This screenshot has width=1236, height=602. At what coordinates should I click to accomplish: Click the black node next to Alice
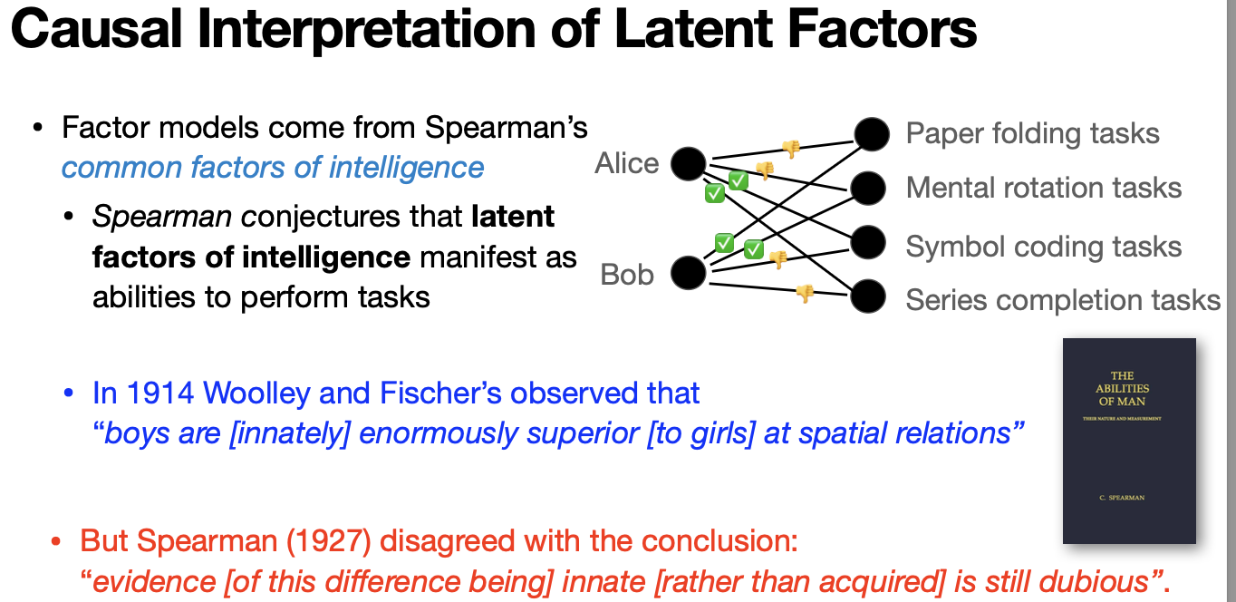tap(688, 164)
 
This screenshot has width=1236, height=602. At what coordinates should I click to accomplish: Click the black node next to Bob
tap(688, 272)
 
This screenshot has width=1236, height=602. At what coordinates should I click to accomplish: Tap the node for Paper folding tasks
tap(872, 134)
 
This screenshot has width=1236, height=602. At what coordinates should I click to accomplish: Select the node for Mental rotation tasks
tap(867, 188)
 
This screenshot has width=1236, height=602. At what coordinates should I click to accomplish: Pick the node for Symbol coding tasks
tap(867, 243)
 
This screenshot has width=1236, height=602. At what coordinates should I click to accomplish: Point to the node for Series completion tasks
tap(867, 296)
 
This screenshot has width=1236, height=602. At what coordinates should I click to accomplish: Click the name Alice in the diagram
tap(627, 164)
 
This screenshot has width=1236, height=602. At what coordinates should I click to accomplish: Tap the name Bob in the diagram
tap(627, 274)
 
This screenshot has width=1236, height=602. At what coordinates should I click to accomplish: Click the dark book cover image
tap(1129, 441)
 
